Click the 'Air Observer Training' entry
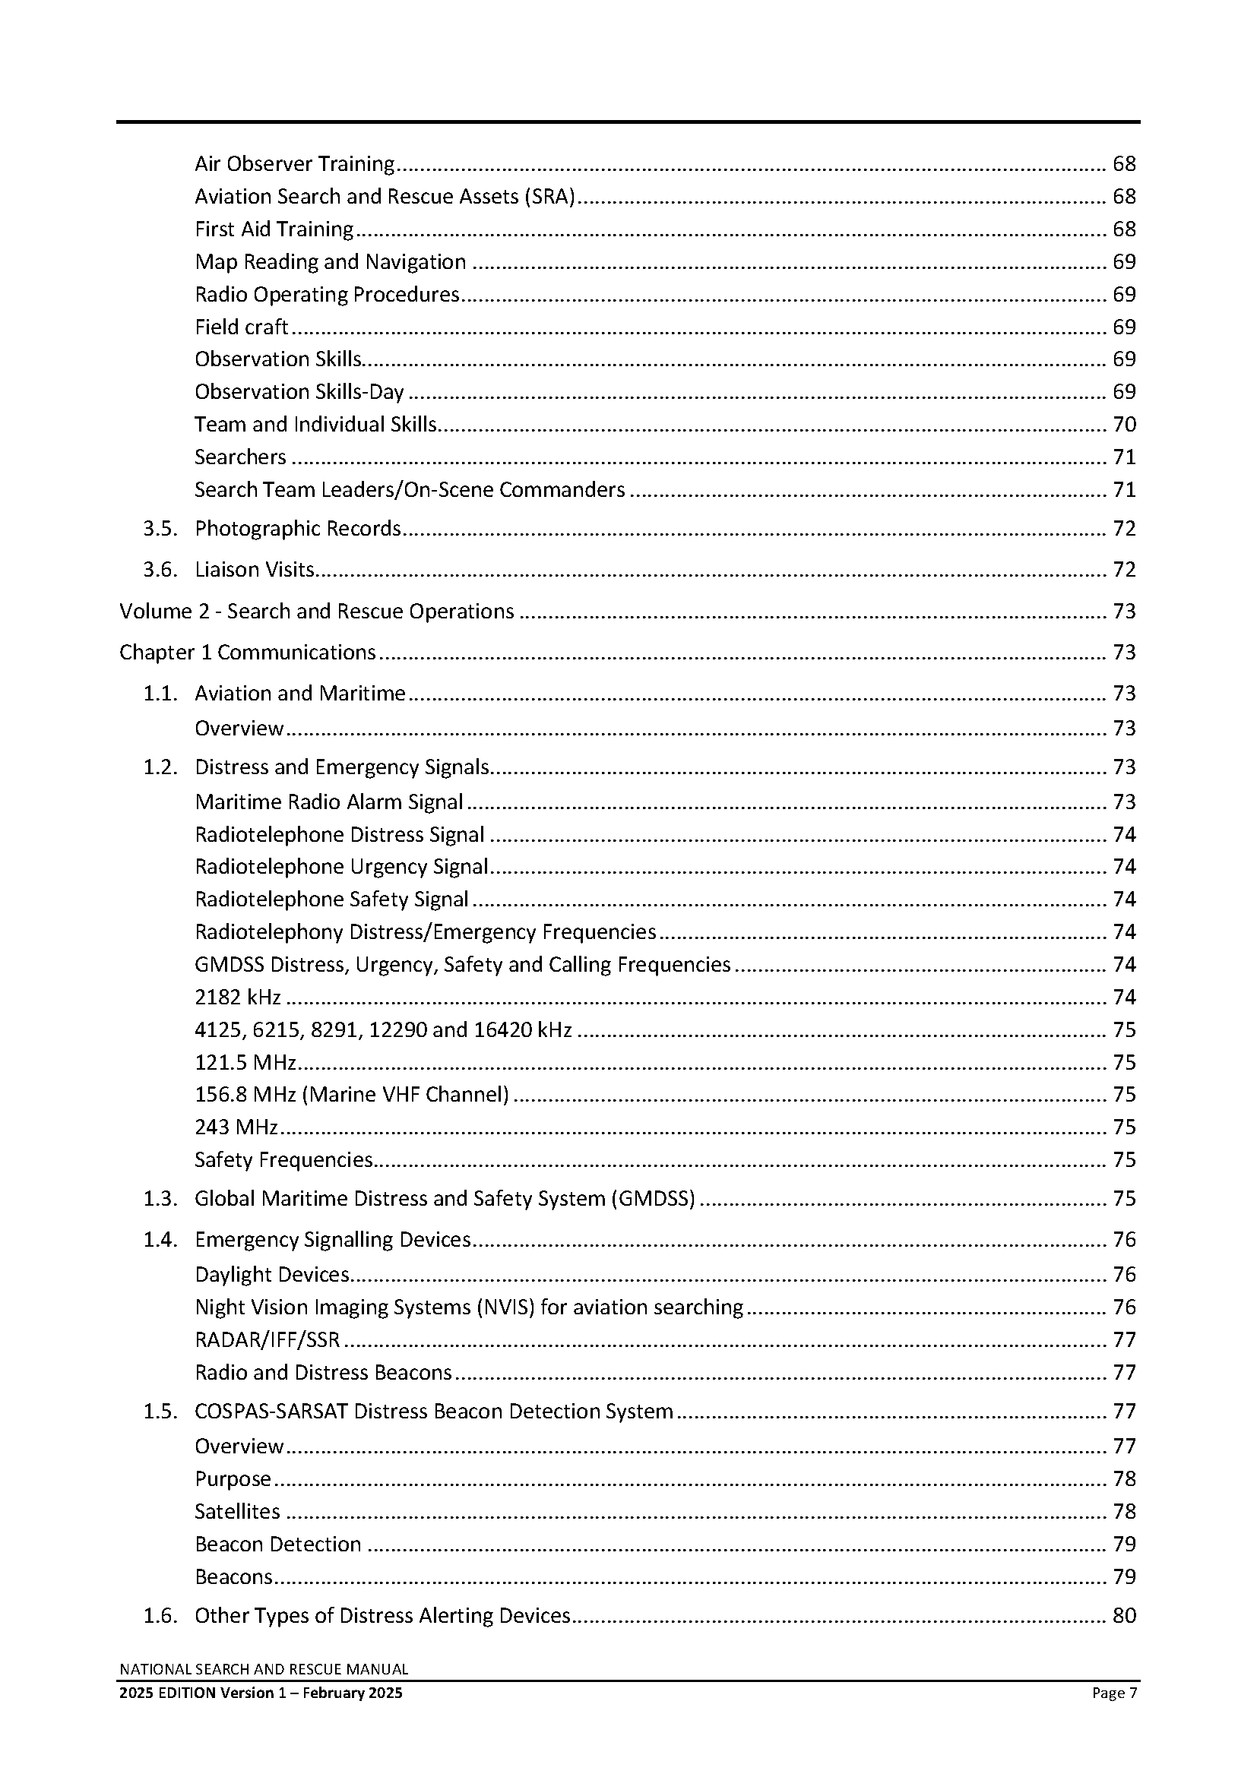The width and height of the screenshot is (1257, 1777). coord(294,164)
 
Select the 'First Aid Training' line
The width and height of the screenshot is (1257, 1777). coord(274,229)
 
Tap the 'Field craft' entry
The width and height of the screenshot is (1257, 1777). coord(241,327)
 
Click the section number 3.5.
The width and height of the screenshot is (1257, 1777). coord(160,529)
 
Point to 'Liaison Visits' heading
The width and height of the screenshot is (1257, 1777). coord(255,570)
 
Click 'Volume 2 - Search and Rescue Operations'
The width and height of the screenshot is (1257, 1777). coord(317,612)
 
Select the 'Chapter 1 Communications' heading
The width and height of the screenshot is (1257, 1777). coord(248,653)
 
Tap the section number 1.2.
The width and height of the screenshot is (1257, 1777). coord(160,767)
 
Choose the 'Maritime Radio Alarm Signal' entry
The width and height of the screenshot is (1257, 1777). coord(329,802)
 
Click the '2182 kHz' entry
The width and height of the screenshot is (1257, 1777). coord(238,997)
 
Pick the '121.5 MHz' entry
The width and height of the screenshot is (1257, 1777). coord(245,1062)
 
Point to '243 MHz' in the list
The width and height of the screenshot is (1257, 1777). coord(236,1127)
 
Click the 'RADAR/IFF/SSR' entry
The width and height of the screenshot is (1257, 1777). coord(267,1339)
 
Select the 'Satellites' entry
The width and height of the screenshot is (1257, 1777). coord(237,1512)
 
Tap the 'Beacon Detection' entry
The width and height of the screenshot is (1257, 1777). coord(278,1544)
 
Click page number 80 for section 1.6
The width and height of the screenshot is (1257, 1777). coord(1124,1616)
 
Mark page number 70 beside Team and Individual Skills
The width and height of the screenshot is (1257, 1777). coord(1124,425)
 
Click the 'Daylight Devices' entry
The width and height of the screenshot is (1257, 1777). coord(271,1275)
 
